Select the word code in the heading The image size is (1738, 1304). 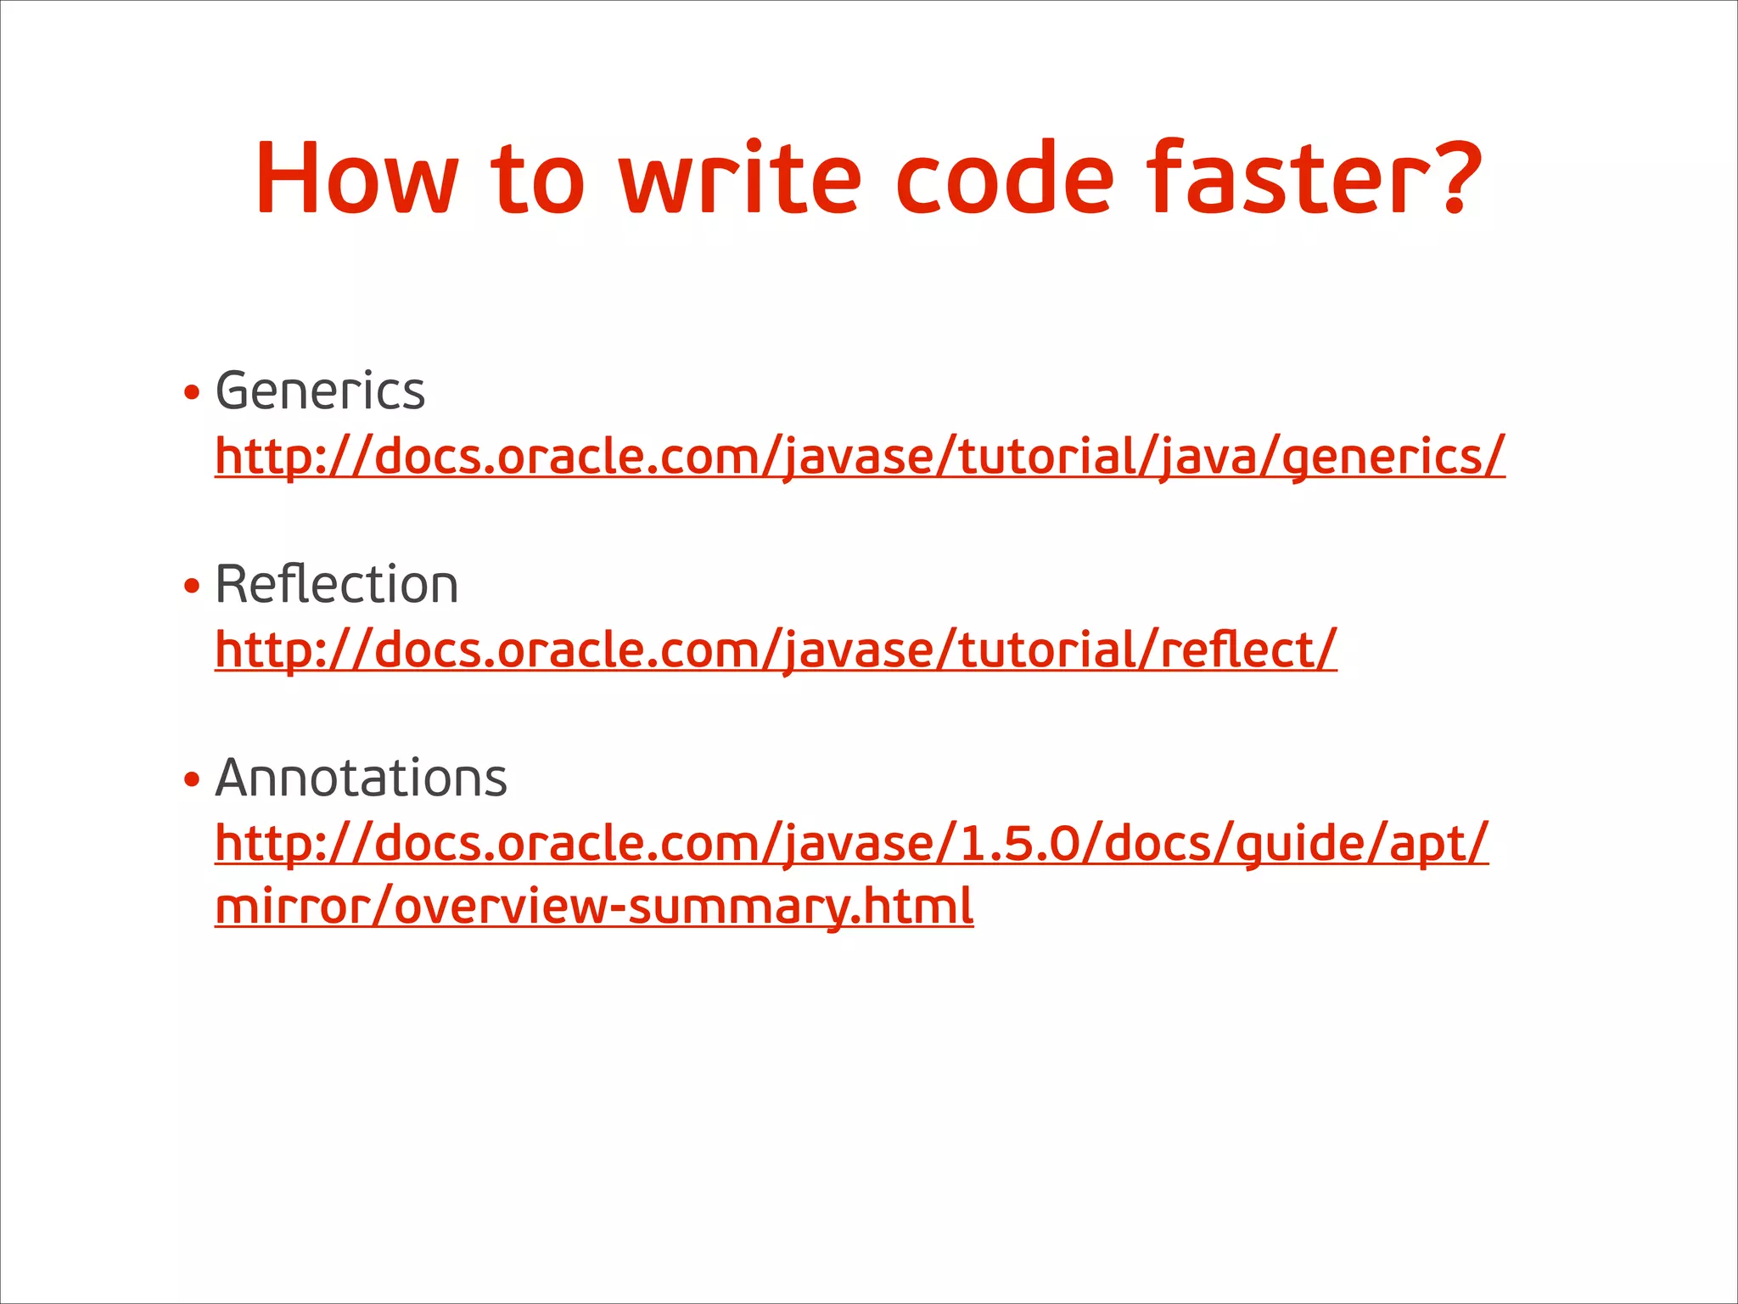[x=1004, y=178]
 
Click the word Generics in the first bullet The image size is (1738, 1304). [x=320, y=391]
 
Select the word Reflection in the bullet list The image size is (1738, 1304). [x=337, y=585]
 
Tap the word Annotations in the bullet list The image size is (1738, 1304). [x=361, y=778]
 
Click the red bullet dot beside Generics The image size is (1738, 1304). [x=192, y=393]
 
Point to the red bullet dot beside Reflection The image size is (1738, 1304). [x=192, y=586]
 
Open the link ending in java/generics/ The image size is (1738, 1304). [x=860, y=457]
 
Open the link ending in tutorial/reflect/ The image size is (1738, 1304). [x=776, y=650]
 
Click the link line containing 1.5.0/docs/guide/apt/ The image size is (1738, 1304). [x=851, y=843]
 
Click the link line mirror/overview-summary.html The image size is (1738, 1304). [x=594, y=907]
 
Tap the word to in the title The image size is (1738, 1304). [x=537, y=178]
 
